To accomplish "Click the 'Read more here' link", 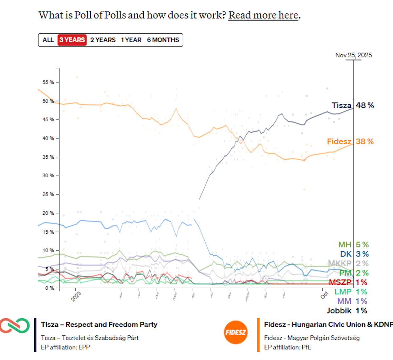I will pyautogui.click(x=263, y=15).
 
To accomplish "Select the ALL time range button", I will pyautogui.click(x=48, y=40).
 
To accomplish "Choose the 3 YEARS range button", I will pyautogui.click(x=72, y=40).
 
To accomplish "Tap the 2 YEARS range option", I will pyautogui.click(x=103, y=40).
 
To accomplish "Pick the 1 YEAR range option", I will pyautogui.click(x=131, y=40).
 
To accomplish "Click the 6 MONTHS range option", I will pyautogui.click(x=163, y=40).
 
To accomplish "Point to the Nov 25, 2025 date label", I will pyautogui.click(x=353, y=55).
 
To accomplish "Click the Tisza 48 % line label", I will pyautogui.click(x=353, y=105).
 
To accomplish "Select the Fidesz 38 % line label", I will pyautogui.click(x=350, y=141).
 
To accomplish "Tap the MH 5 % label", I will pyautogui.click(x=353, y=244).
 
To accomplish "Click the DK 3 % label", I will pyautogui.click(x=354, y=254).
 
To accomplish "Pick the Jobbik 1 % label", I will pyautogui.click(x=347, y=311).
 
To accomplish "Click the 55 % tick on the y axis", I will pyautogui.click(x=48, y=82).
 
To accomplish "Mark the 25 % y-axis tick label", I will pyautogui.click(x=48, y=194).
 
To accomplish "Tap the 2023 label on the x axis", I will pyautogui.click(x=76, y=296).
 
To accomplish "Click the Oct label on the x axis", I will pyautogui.click(x=324, y=295).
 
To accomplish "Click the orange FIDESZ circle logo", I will pyautogui.click(x=235, y=333).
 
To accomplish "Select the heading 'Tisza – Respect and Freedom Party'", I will pyautogui.click(x=99, y=325).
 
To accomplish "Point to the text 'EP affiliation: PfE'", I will pyautogui.click(x=288, y=347).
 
